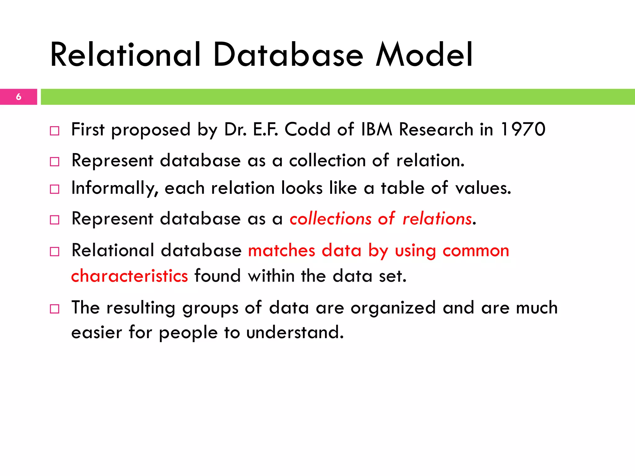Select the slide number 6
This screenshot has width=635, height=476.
pyautogui.click(x=19, y=97)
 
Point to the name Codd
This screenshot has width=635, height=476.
pyautogui.click(x=307, y=129)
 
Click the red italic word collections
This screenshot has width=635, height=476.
pyautogui.click(x=330, y=218)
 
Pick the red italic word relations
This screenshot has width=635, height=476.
pyautogui.click(x=437, y=218)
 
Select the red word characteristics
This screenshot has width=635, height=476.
pyautogui.click(x=129, y=276)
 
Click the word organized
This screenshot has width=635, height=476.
pyautogui.click(x=393, y=308)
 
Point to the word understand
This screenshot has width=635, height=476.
pyautogui.click(x=295, y=333)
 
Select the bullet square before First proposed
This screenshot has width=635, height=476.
pyautogui.click(x=55, y=131)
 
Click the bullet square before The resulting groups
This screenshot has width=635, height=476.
pyautogui.click(x=55, y=309)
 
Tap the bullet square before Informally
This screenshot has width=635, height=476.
pyautogui.click(x=55, y=189)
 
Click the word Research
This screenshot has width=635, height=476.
pyautogui.click(x=436, y=129)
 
